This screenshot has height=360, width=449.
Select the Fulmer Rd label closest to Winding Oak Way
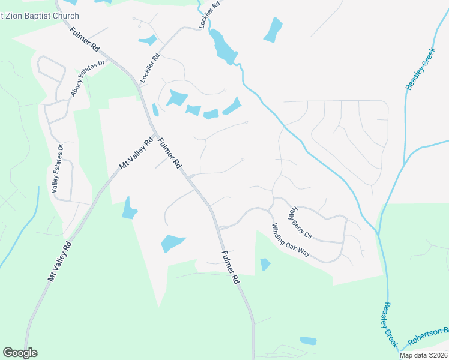[230, 267]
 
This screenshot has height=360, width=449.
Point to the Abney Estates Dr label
[88, 78]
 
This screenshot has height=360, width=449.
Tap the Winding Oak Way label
[291, 241]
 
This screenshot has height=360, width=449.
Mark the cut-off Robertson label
[428, 337]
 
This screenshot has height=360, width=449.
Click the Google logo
[20, 353]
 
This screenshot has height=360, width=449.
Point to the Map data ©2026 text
[424, 355]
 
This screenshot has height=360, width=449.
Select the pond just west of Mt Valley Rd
[129, 208]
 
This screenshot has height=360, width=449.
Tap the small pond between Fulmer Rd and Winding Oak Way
[265, 263]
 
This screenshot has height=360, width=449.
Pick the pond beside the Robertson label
[308, 341]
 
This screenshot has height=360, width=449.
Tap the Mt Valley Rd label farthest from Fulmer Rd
[59, 262]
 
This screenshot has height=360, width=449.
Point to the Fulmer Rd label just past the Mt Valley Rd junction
[169, 153]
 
